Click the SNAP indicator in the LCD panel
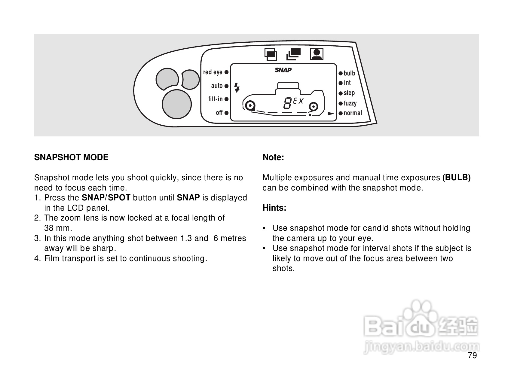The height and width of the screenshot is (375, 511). pyautogui.click(x=283, y=70)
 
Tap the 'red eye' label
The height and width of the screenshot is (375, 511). pyautogui.click(x=213, y=72)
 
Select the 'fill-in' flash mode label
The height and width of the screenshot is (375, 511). pyautogui.click(x=216, y=99)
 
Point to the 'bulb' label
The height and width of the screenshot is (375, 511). pyautogui.click(x=349, y=73)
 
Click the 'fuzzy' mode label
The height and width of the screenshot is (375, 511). pyautogui.click(x=350, y=103)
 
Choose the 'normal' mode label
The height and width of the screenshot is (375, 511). pyautogui.click(x=353, y=113)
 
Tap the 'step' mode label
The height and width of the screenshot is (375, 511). pyautogui.click(x=349, y=93)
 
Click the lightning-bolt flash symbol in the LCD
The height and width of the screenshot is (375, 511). pyautogui.click(x=237, y=87)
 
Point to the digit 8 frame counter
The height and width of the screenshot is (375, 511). pyautogui.click(x=287, y=104)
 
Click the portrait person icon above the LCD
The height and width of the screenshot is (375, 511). pyautogui.click(x=316, y=54)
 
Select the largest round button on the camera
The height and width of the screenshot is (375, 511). pyautogui.click(x=177, y=104)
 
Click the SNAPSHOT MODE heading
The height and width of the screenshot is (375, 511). pyautogui.click(x=71, y=157)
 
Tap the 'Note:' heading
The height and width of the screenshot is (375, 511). pyautogui.click(x=273, y=157)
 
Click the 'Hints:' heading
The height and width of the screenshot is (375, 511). pyautogui.click(x=274, y=208)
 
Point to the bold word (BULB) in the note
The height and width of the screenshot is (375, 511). pyautogui.click(x=456, y=178)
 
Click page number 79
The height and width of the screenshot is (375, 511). pyautogui.click(x=472, y=356)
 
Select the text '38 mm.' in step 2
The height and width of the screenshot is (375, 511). pyautogui.click(x=58, y=228)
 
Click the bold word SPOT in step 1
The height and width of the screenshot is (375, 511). pyautogui.click(x=119, y=198)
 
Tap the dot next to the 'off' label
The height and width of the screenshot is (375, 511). pyautogui.click(x=226, y=113)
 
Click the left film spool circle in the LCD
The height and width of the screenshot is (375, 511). pyautogui.click(x=249, y=106)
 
